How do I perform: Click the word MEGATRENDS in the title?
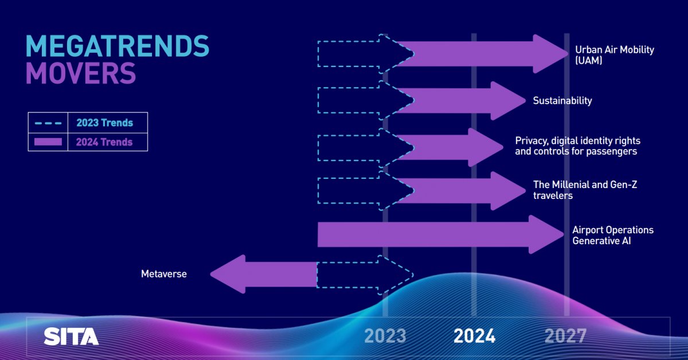click(118, 46)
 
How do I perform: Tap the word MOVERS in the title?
click(81, 73)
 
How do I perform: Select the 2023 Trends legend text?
click(104, 123)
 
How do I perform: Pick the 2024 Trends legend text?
click(104, 142)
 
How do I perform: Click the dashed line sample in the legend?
click(48, 123)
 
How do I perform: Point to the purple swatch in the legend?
click(48, 142)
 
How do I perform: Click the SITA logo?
click(71, 336)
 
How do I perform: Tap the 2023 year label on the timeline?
click(385, 336)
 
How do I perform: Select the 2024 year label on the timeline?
click(475, 336)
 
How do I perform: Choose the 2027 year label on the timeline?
click(565, 336)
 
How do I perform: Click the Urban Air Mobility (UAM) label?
click(615, 55)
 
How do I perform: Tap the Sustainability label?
click(562, 101)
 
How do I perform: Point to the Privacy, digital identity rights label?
click(577, 146)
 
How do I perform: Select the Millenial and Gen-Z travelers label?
click(585, 190)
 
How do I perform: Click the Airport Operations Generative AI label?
click(613, 235)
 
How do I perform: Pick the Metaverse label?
click(164, 273)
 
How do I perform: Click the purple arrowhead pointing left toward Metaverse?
click(228, 275)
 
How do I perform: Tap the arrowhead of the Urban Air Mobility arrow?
click(550, 54)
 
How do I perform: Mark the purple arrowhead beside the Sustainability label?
click(509, 101)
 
